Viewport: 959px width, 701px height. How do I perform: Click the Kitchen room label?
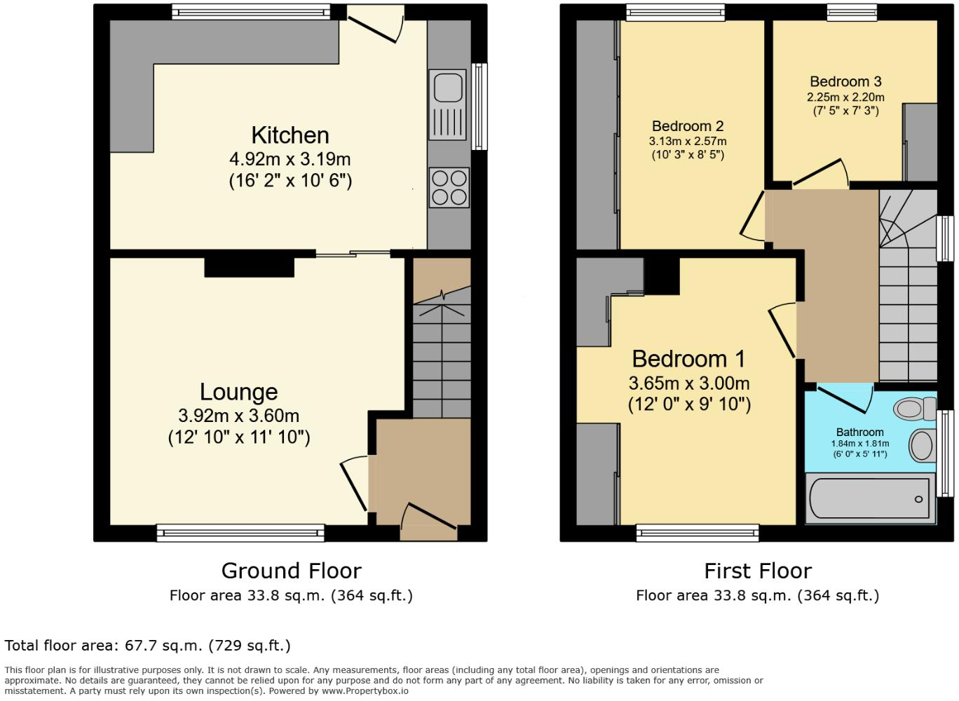pyautogui.click(x=290, y=135)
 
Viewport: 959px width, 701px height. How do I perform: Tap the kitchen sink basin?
pyautogui.click(x=447, y=88)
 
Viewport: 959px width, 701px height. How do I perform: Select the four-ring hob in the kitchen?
pyautogui.click(x=449, y=188)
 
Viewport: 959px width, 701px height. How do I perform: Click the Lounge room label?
pyautogui.click(x=238, y=392)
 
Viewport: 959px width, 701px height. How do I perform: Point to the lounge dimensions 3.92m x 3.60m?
pyautogui.click(x=238, y=416)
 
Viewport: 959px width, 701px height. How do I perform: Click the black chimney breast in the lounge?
pyautogui.click(x=249, y=267)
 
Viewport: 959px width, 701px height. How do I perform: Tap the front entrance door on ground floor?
pyautogui.click(x=428, y=518)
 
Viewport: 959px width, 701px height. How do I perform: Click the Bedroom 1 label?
pyautogui.click(x=688, y=359)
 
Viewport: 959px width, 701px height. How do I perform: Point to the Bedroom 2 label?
pyautogui.click(x=687, y=126)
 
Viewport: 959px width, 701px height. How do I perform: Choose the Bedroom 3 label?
pyautogui.click(x=845, y=82)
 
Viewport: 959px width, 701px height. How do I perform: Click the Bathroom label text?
pyautogui.click(x=859, y=433)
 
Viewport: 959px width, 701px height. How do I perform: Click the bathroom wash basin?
pyautogui.click(x=922, y=445)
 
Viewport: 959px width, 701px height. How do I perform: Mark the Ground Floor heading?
pyautogui.click(x=291, y=571)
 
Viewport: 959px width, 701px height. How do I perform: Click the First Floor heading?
pyautogui.click(x=757, y=571)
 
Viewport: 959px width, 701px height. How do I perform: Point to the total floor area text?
pyautogui.click(x=147, y=646)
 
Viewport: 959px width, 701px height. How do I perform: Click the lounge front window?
pyautogui.click(x=240, y=533)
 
